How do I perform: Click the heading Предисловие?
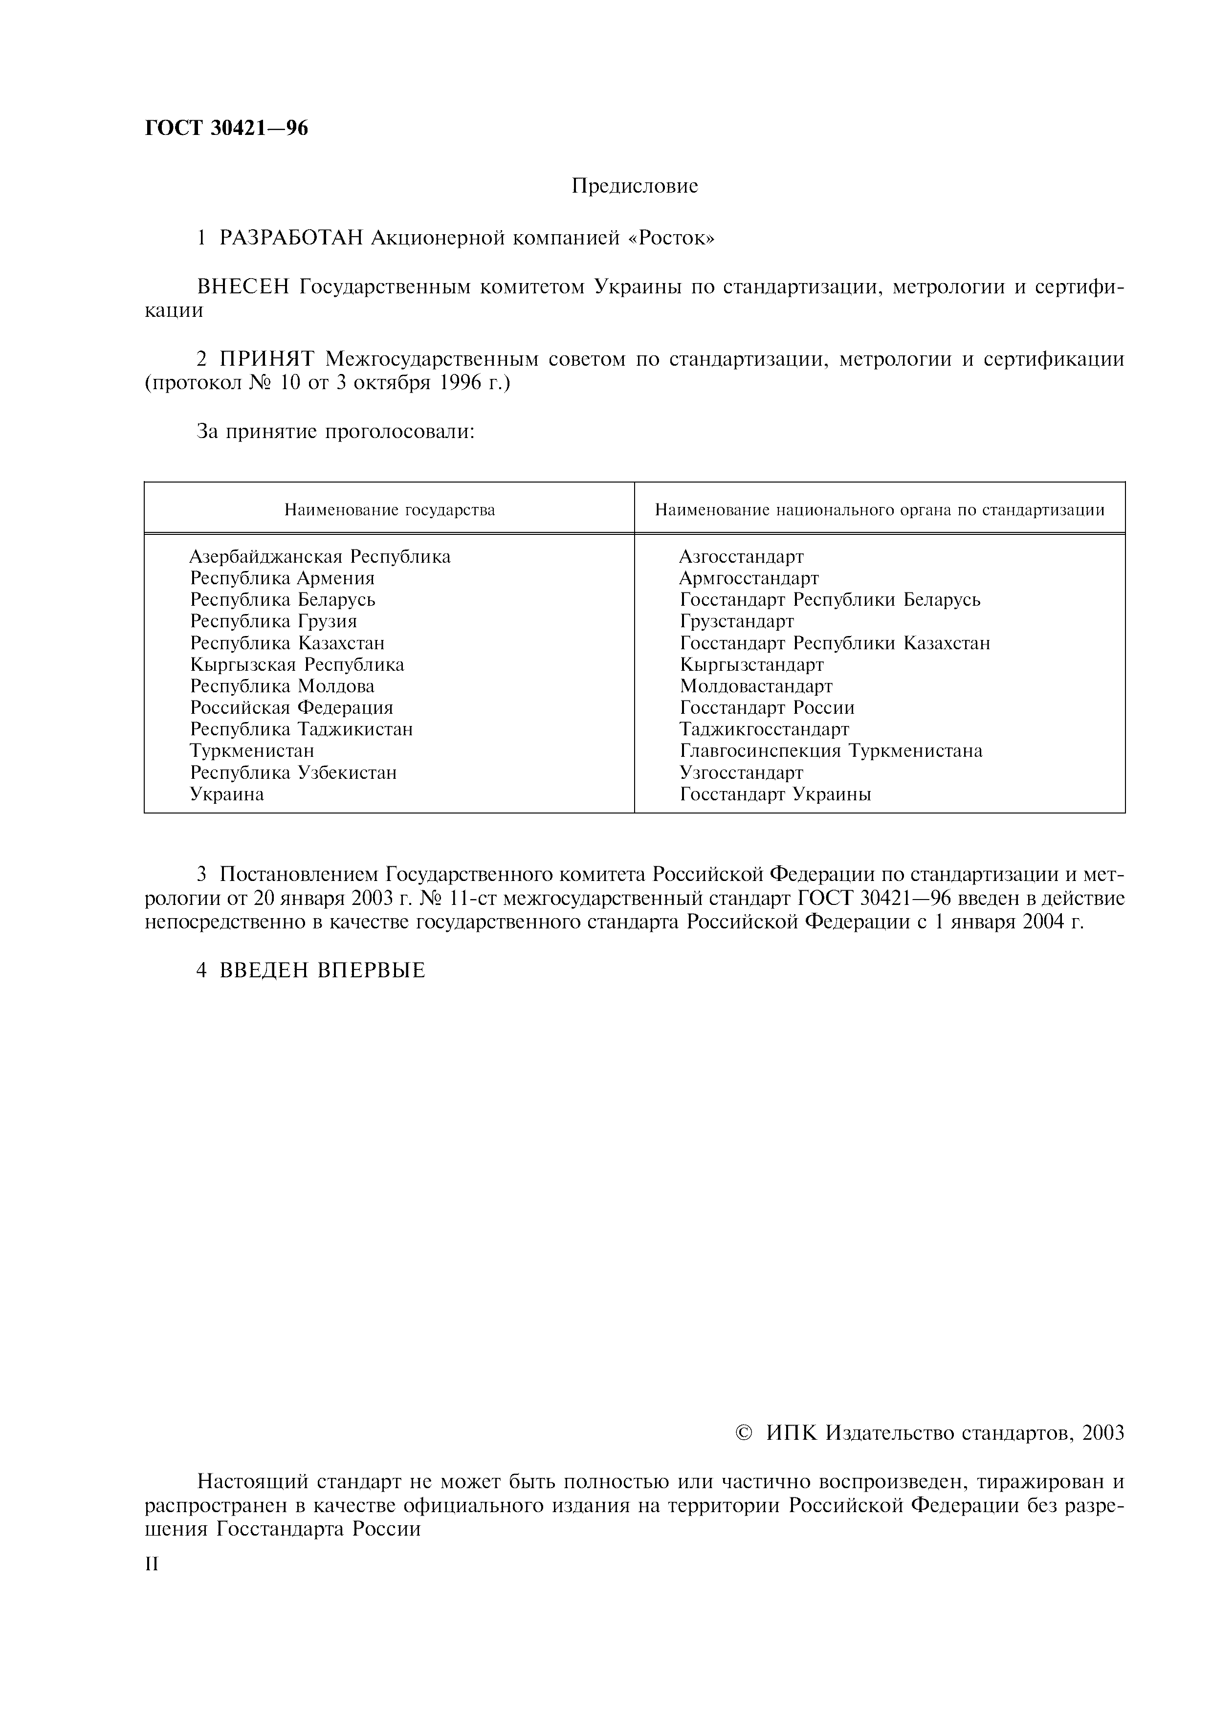(635, 186)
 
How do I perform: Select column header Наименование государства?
(389, 510)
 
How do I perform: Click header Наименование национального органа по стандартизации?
(879, 510)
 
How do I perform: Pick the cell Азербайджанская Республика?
(320, 556)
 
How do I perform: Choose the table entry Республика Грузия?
(273, 621)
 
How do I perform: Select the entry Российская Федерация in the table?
(291, 707)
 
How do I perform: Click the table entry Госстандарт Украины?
(775, 794)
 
